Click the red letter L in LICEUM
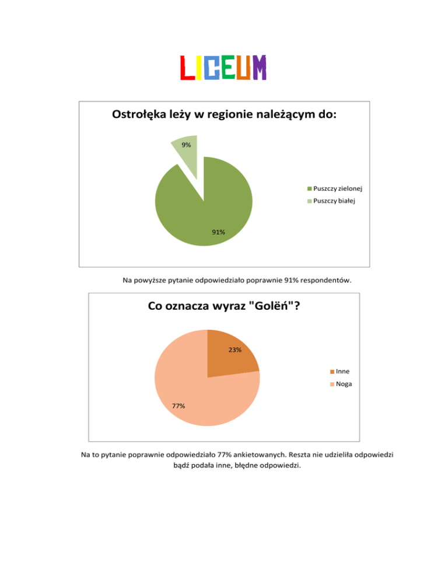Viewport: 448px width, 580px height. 187,68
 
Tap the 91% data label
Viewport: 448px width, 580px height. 219,232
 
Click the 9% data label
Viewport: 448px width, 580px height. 185,145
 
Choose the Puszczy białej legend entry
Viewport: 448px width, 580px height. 334,201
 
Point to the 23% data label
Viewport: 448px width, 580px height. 235,350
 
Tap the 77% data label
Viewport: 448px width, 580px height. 178,406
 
